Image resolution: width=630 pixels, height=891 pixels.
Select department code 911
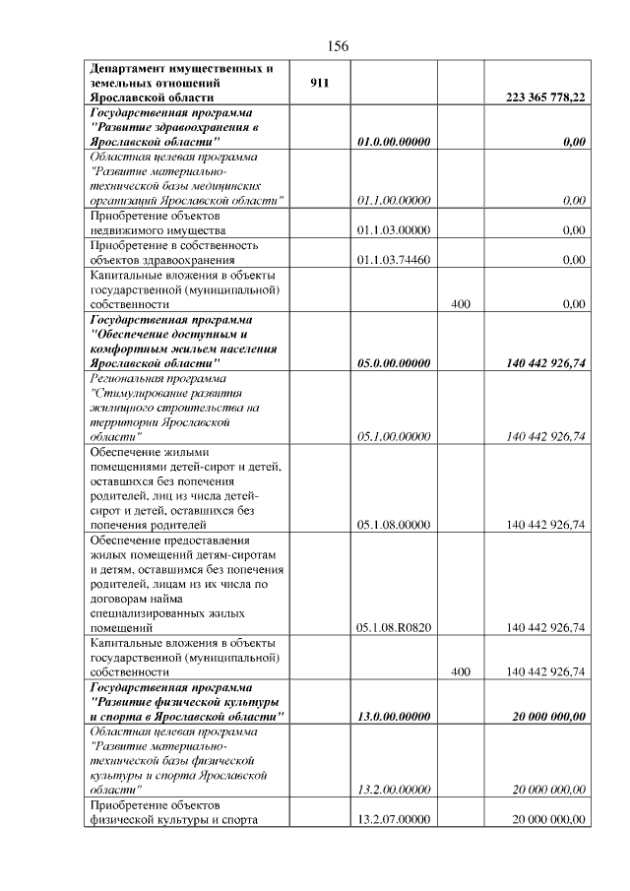(318, 84)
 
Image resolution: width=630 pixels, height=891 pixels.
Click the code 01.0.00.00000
(394, 142)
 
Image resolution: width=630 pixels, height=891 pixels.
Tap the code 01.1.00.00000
(394, 201)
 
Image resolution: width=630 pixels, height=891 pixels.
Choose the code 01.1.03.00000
(394, 230)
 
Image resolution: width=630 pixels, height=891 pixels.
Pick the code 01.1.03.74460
(394, 260)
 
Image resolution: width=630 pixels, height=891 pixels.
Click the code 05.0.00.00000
(394, 363)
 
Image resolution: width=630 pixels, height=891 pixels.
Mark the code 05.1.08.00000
(394, 525)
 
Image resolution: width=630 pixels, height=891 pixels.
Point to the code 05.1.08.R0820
(394, 627)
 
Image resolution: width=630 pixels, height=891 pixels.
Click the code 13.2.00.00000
(394, 790)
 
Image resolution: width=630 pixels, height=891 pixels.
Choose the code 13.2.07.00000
(394, 819)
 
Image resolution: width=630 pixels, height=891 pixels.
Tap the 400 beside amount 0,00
(460, 304)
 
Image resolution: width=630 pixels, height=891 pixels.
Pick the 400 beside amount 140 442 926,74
(460, 671)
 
